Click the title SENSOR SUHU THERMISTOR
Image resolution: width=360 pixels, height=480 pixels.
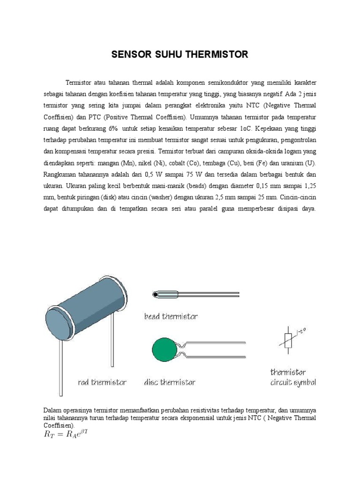click(x=180, y=55)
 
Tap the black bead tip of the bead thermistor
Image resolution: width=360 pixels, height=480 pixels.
click(x=155, y=294)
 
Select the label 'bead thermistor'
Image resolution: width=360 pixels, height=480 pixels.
click(x=171, y=316)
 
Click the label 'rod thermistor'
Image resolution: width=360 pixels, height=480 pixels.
click(x=102, y=382)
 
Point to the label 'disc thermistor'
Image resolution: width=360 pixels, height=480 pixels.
click(x=169, y=382)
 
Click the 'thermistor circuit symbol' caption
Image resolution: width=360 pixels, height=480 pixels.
click(x=293, y=377)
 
